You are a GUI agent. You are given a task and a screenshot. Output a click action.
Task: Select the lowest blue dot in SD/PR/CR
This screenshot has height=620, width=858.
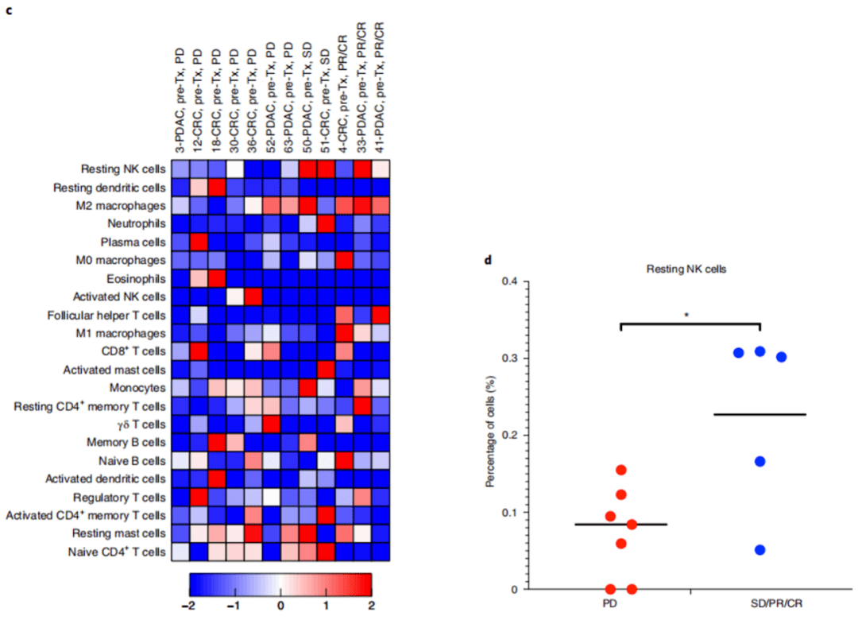pos(759,550)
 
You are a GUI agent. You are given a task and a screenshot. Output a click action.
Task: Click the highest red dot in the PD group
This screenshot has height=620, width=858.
pos(621,471)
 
